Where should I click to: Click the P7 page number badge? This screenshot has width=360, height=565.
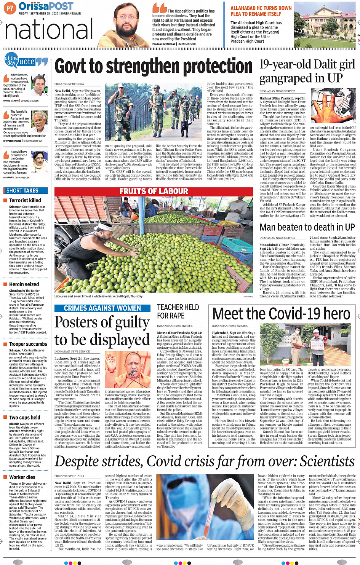point(10,8)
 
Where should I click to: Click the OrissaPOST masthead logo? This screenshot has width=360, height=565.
point(46,6)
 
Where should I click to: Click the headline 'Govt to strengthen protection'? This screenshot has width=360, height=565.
point(154,67)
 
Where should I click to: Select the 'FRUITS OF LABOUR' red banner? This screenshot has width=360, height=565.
point(154,191)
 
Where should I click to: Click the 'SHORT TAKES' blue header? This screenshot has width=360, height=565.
point(22,191)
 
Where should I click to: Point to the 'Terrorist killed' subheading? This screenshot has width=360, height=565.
point(25,200)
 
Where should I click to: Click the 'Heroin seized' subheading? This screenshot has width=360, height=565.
point(24,284)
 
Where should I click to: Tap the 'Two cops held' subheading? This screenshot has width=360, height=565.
point(25,418)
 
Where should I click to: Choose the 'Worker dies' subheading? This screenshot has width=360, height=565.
point(22,477)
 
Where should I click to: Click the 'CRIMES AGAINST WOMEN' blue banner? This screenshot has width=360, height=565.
point(102,308)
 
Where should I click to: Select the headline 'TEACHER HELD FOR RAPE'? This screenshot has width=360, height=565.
point(178,311)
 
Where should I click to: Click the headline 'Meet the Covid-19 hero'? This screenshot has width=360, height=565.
point(281,314)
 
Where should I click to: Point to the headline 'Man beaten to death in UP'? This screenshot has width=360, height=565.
point(307,227)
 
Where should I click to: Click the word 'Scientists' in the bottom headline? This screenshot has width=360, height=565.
point(327,461)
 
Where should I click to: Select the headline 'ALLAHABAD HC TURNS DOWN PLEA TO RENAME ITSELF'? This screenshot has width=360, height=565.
point(261,11)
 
